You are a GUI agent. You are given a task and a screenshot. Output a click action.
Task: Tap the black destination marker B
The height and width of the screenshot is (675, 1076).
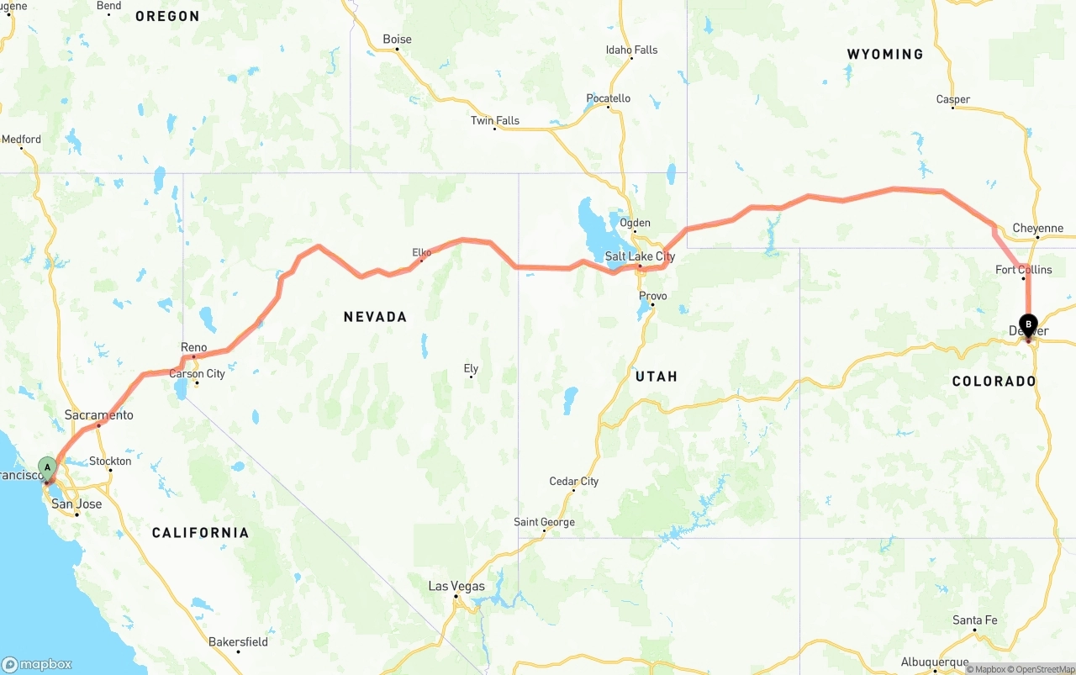[1027, 324]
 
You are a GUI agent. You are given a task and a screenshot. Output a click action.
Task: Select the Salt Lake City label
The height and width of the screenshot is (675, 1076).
[640, 256]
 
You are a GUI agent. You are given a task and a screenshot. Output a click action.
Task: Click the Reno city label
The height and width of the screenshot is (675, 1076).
[193, 347]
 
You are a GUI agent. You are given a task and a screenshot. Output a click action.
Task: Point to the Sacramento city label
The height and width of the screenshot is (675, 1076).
[98, 415]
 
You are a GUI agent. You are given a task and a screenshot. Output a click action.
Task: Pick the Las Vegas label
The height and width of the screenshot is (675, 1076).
[456, 586]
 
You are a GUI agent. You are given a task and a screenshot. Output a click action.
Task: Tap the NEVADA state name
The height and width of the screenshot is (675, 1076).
[375, 317]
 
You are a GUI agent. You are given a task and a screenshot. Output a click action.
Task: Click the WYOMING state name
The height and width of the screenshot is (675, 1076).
[884, 54]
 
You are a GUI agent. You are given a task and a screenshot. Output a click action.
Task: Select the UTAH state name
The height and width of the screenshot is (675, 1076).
[656, 376]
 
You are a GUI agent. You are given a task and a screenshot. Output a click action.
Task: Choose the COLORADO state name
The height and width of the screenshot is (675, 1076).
[994, 381]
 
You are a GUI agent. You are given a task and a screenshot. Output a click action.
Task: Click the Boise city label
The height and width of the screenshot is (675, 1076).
[397, 40]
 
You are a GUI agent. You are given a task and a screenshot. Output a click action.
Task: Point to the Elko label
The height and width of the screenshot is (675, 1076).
[421, 252]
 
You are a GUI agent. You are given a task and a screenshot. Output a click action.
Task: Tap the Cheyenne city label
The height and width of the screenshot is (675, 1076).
[1037, 228]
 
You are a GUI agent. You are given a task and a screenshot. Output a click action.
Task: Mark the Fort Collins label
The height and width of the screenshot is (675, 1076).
[1023, 270]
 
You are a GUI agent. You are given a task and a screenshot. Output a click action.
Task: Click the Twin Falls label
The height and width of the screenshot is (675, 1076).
[494, 120]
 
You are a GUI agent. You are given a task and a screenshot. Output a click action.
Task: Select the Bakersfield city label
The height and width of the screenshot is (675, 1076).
[238, 642]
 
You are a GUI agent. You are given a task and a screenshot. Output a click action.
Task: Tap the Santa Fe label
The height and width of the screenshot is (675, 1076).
[974, 620]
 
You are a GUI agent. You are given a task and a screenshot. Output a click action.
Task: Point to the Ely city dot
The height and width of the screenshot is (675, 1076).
[471, 377]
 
